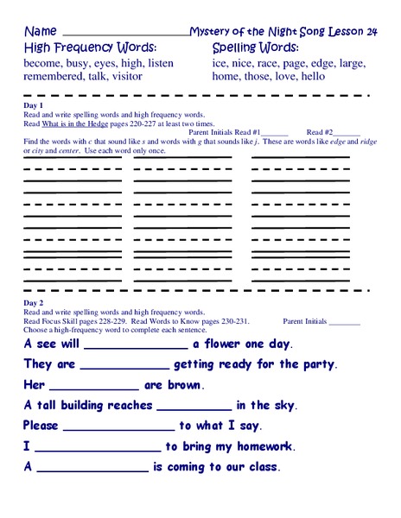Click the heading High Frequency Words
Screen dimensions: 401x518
(x=90, y=47)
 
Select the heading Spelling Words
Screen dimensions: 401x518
(x=256, y=47)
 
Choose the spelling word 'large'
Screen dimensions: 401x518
(x=349, y=63)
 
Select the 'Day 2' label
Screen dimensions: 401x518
(x=34, y=305)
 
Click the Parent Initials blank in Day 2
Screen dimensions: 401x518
(x=345, y=322)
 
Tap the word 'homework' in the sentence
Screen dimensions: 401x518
(x=260, y=446)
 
